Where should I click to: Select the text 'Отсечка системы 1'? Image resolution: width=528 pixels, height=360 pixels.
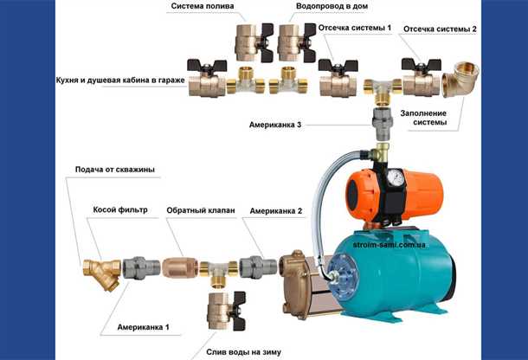pos(355,28)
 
